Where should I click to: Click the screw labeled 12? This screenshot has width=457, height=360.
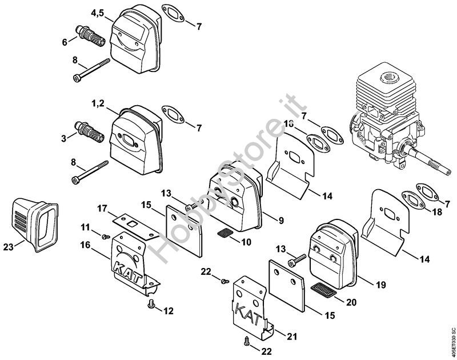[x=153, y=305]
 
